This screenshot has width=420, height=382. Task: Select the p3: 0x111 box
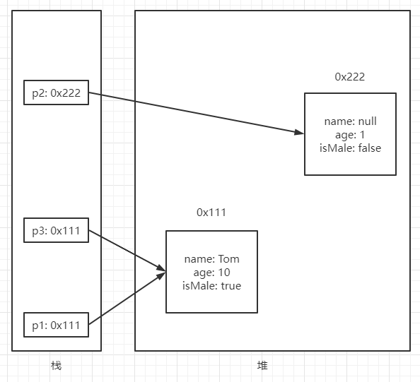tap(56, 231)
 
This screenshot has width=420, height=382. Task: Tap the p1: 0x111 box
tap(56, 326)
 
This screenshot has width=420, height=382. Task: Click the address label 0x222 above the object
tap(350, 77)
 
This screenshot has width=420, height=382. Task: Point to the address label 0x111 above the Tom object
tap(211, 212)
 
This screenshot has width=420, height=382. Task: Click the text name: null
tap(350, 121)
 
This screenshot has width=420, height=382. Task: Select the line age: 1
tap(350, 134)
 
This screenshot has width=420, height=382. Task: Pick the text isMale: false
tap(350, 147)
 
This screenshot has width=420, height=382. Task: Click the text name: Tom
tap(211, 259)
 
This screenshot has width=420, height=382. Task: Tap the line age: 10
tap(211, 273)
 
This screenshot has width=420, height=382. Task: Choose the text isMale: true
tap(211, 285)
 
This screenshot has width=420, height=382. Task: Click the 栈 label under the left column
tap(56, 366)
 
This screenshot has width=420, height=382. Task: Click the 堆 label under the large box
tap(262, 366)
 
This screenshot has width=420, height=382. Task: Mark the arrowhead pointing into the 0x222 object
tap(299, 131)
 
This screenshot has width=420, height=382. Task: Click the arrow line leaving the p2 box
tap(191, 112)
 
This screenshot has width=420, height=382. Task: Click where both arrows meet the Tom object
tap(163, 271)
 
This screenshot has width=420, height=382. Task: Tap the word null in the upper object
tap(366, 121)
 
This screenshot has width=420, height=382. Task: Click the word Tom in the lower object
tap(228, 259)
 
